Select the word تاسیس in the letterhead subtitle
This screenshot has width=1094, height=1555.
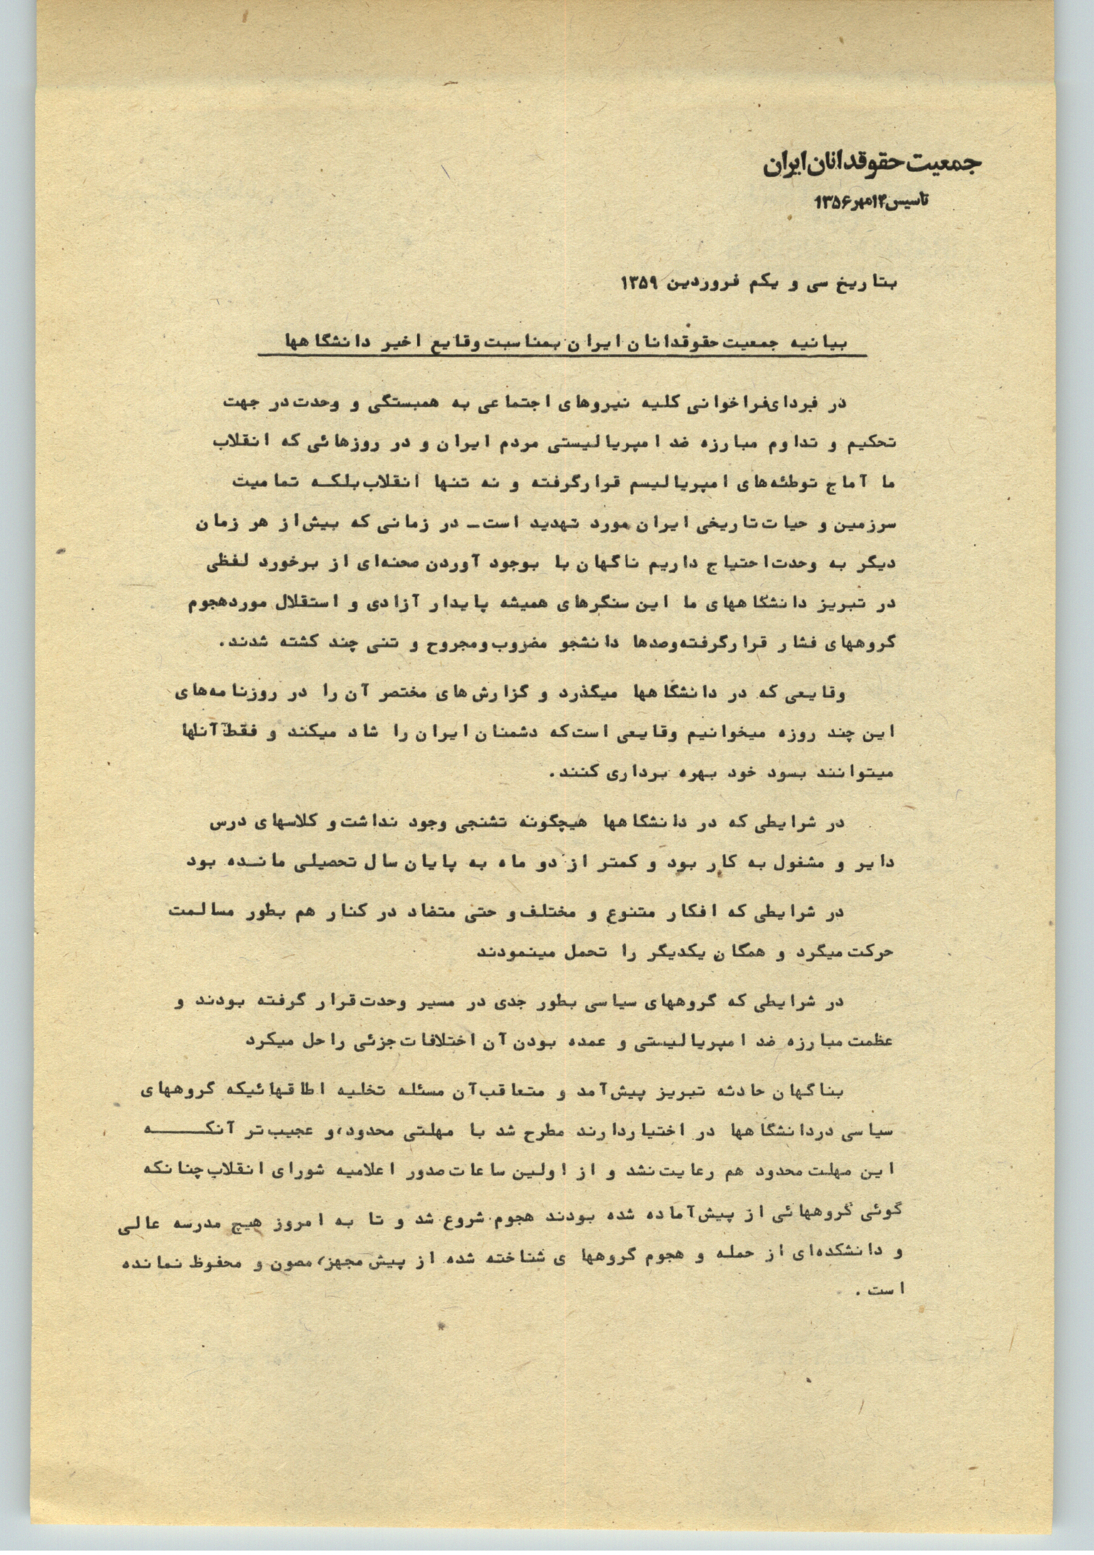point(908,201)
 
